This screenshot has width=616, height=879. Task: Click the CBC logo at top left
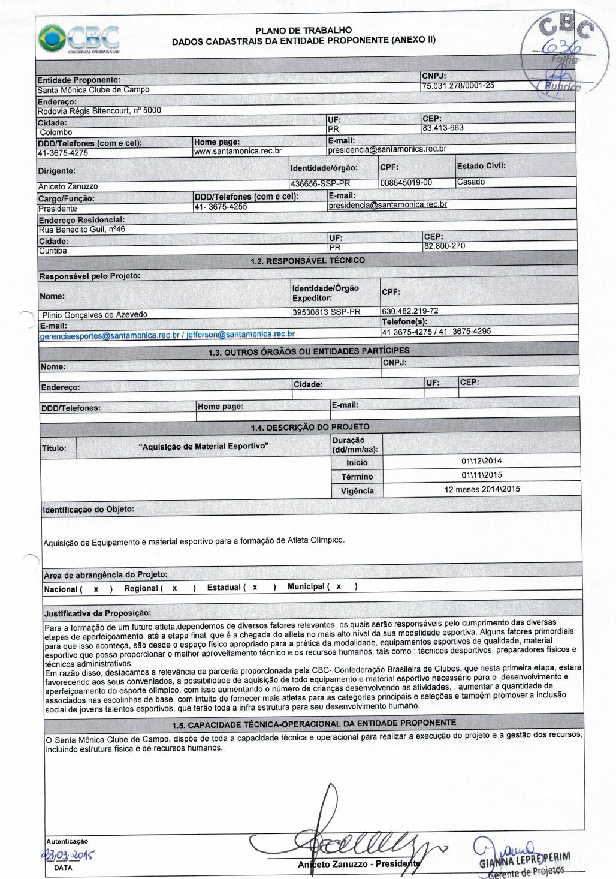click(78, 39)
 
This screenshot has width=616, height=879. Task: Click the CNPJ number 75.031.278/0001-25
click(458, 86)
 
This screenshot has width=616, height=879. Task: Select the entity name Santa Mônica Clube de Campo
click(93, 90)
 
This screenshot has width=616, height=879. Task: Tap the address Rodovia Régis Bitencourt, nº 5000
click(99, 111)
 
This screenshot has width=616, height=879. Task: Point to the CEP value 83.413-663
click(443, 128)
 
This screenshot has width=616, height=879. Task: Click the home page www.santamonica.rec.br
click(238, 151)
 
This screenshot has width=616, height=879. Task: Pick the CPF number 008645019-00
click(406, 183)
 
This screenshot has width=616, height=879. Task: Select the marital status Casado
click(471, 182)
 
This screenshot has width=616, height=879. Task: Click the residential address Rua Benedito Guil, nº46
click(82, 230)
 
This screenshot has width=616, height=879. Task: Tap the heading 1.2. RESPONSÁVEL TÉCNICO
click(307, 261)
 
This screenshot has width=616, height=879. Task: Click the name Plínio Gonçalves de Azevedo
click(95, 315)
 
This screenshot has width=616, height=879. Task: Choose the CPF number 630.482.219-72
click(410, 311)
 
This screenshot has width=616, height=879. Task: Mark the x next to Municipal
click(339, 586)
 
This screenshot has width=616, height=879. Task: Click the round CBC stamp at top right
click(558, 51)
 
